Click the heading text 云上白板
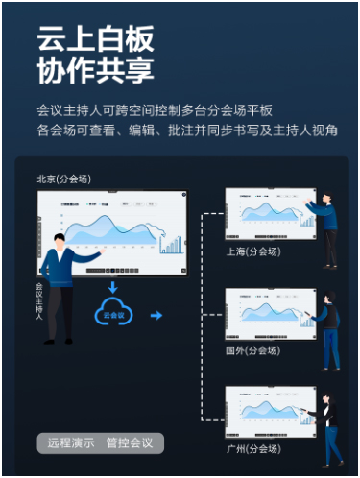pyautogui.click(x=95, y=41)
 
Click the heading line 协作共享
pyautogui.click(x=95, y=71)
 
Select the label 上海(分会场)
pyautogui.click(x=249, y=251)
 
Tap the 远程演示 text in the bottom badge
pyautogui.click(x=71, y=443)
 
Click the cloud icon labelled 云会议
pyautogui.click(x=112, y=312)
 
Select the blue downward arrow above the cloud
pyautogui.click(x=112, y=285)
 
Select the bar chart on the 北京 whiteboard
pyautogui.click(x=171, y=242)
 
